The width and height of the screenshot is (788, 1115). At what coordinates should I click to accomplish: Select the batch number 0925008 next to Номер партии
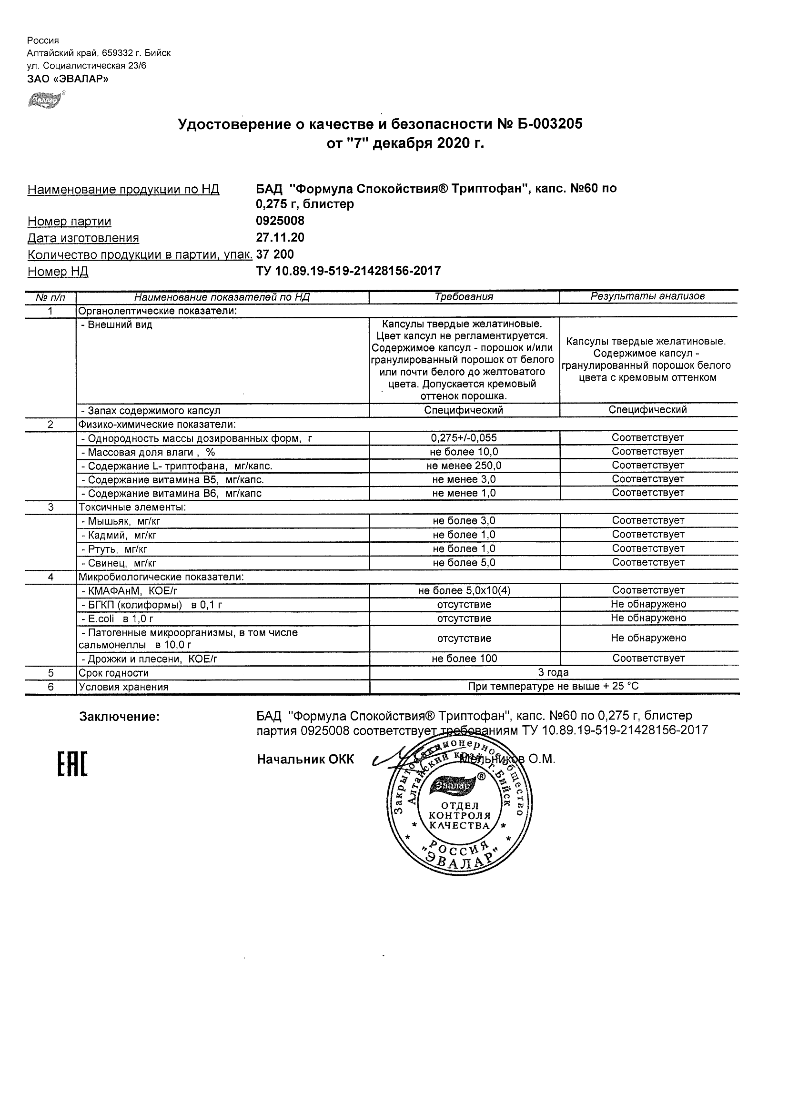pos(280,221)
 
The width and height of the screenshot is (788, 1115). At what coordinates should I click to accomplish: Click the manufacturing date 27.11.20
pos(280,237)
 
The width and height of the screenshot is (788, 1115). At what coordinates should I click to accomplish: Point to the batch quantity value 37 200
pos(275,254)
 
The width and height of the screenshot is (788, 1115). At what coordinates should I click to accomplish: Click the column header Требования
pos(464,296)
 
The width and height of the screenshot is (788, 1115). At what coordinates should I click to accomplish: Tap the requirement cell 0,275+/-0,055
pos(464,437)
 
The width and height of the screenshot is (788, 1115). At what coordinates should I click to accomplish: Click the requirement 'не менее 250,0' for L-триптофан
pos(464,465)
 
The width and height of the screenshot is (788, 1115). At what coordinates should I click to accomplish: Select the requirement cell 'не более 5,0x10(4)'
pos(464,590)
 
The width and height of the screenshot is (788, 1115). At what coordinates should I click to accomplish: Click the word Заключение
pos(120,717)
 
